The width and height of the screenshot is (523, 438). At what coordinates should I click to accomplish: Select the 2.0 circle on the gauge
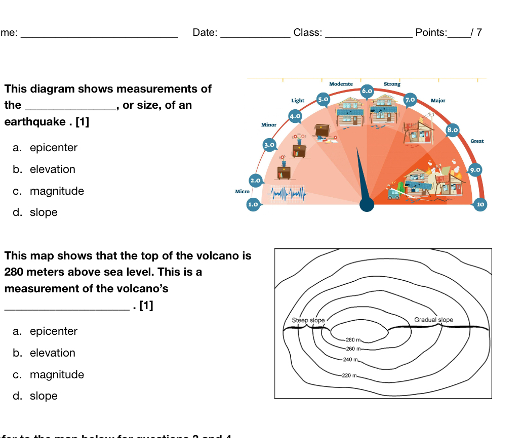[256, 180]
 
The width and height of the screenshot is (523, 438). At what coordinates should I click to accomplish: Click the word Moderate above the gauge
[341, 84]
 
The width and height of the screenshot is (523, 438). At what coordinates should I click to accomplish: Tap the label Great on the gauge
[477, 141]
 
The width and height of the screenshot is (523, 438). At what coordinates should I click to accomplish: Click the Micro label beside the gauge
[243, 191]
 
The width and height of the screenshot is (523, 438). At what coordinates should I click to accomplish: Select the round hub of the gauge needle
[367, 204]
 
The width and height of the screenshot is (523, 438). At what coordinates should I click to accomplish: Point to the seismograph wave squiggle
[287, 193]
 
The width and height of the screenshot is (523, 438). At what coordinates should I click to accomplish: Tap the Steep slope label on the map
[308, 320]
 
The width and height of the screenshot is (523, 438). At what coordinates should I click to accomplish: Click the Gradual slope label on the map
[433, 320]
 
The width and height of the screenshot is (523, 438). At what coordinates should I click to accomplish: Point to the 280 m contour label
[352, 340]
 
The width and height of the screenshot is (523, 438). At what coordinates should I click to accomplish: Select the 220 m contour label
[349, 376]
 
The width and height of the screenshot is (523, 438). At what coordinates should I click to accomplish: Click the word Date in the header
[205, 33]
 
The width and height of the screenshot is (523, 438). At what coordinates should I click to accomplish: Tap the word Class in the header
[307, 33]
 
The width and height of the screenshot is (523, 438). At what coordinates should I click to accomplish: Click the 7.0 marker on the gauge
[410, 99]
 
